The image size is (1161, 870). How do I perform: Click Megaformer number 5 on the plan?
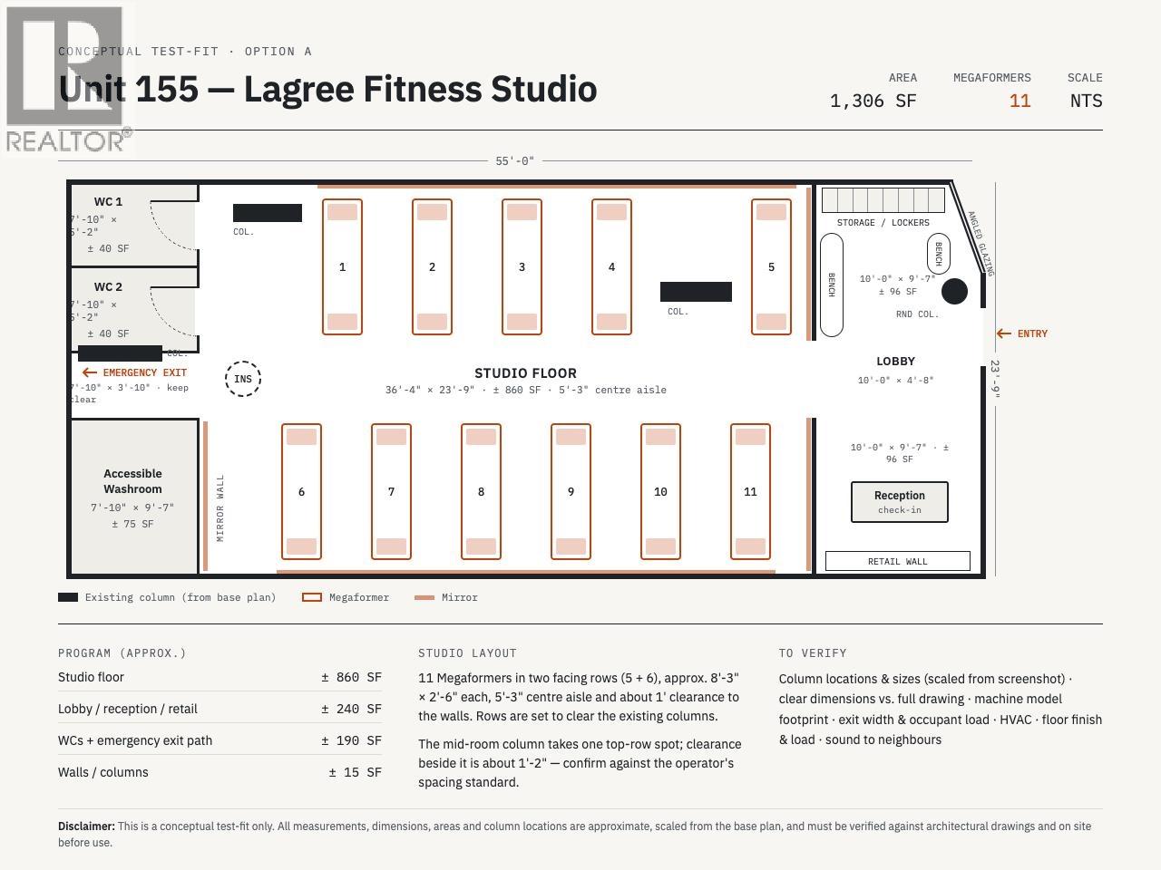click(x=771, y=266)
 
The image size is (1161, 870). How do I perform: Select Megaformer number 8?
click(x=481, y=491)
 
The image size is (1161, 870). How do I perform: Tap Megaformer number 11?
click(x=750, y=491)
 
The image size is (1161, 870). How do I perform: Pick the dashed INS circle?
click(x=243, y=379)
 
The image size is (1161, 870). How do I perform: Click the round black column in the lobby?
click(x=954, y=291)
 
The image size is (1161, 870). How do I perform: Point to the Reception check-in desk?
click(x=899, y=502)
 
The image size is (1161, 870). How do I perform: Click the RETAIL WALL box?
click(x=898, y=561)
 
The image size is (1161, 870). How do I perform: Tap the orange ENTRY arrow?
click(x=1003, y=333)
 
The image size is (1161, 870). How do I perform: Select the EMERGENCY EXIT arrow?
click(x=90, y=372)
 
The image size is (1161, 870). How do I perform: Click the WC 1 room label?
click(x=108, y=202)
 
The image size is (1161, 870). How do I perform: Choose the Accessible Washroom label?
click(x=132, y=480)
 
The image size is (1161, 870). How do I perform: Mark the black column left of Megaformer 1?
click(x=267, y=213)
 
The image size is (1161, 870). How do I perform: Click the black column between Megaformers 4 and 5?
click(x=696, y=292)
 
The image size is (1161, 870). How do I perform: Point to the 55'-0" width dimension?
click(x=514, y=160)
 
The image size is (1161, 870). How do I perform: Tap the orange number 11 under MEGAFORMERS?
click(x=1020, y=101)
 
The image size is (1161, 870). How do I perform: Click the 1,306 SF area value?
click(x=873, y=101)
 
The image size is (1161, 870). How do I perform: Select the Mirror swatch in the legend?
click(x=424, y=597)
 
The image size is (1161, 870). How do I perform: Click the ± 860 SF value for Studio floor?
click(x=351, y=677)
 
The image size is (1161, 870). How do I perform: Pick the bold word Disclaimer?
click(x=86, y=826)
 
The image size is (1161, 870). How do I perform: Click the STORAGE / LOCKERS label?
click(x=883, y=222)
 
